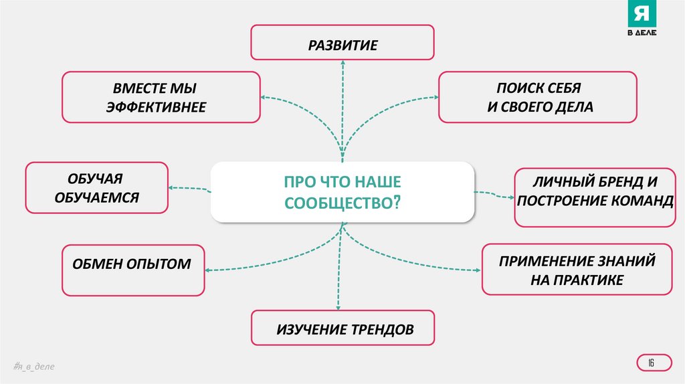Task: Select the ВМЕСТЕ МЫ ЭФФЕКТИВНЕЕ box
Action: [161, 98]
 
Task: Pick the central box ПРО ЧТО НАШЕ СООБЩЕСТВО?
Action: [342, 191]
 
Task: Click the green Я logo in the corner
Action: [640, 15]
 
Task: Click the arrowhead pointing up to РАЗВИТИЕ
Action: [342, 61]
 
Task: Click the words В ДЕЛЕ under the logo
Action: [641, 34]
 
